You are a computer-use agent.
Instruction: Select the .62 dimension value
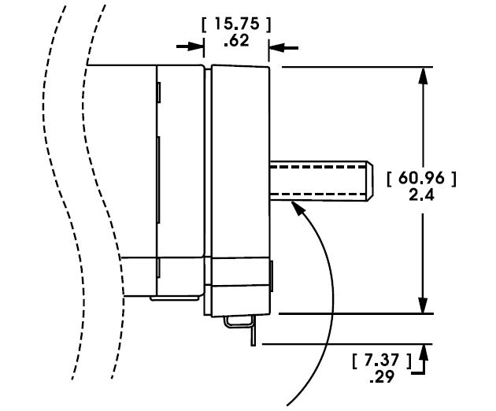coord(236,40)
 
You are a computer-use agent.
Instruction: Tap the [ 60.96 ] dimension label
coord(422,179)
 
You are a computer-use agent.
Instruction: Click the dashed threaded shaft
coord(315,180)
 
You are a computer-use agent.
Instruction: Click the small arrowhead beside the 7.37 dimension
coord(426,352)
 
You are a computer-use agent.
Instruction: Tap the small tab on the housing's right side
coord(272,275)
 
